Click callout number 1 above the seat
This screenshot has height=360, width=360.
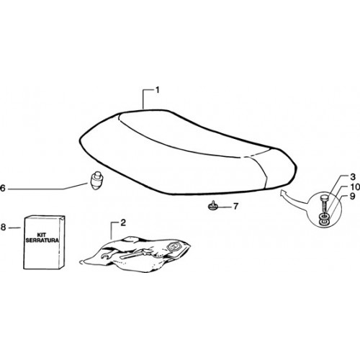pos(158,90)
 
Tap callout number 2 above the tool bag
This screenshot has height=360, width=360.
pos(123,223)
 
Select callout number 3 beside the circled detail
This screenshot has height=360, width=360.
pos(352,177)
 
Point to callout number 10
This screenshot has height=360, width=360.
pos(355,186)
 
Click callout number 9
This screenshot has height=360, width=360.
pos(352,196)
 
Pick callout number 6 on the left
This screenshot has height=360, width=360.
pos(3,188)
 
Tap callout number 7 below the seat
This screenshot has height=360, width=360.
pos(235,206)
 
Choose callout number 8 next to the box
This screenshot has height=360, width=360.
pos(3,227)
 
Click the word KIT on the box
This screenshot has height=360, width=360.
pos(42,235)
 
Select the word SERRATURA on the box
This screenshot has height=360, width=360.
pos(42,240)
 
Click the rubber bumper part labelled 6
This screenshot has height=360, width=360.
pos(96,180)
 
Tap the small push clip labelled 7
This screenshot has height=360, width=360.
pos(212,206)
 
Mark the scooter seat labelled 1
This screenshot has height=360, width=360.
pos(187,153)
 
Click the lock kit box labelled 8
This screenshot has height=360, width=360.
pos(44,242)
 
